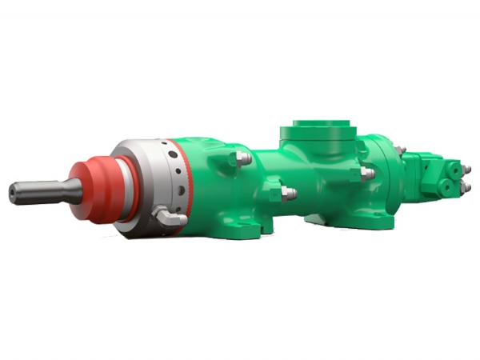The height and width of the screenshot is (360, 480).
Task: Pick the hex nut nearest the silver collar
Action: [x=242, y=158]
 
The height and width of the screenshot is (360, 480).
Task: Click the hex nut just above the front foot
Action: [x=288, y=193]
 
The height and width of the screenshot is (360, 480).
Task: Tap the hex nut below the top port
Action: [x=366, y=173]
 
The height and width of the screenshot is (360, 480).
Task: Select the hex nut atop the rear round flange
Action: [x=400, y=150]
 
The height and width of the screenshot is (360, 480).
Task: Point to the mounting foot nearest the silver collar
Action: [x=240, y=228]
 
